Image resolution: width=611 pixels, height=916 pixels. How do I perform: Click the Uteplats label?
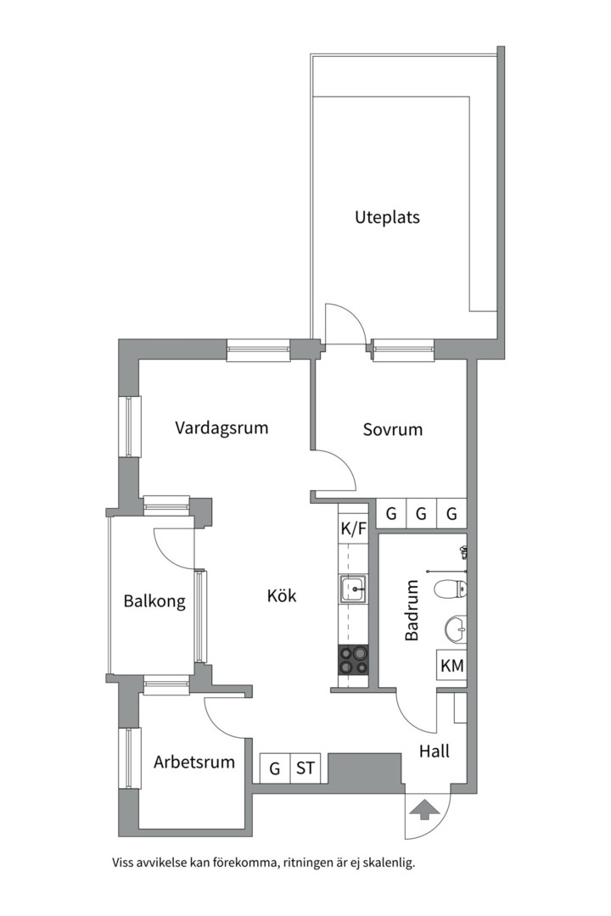point(387,217)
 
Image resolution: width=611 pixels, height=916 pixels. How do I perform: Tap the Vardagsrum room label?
point(221,427)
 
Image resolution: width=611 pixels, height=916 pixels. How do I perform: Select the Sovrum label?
point(392,429)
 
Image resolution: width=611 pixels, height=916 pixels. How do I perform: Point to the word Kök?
point(282,595)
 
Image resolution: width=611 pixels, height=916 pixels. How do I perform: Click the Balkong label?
point(154,601)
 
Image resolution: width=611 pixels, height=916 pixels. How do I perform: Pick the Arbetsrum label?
point(194,762)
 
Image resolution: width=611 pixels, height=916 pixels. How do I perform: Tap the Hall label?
point(434,751)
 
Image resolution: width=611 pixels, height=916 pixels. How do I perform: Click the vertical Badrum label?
point(412,611)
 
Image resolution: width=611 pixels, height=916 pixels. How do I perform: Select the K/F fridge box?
point(353,529)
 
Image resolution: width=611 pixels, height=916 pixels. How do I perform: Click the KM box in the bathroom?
point(452,666)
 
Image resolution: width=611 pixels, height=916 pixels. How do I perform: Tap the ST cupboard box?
point(305,768)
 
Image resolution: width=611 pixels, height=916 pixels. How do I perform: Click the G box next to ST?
point(275,768)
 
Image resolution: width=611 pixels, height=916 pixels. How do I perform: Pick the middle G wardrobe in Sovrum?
point(421,514)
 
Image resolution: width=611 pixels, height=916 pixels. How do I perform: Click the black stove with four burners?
point(353,660)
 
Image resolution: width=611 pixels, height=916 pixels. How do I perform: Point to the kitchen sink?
point(353,589)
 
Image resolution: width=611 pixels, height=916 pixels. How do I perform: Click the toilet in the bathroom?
point(451,589)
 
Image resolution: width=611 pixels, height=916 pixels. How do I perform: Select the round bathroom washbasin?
point(456,629)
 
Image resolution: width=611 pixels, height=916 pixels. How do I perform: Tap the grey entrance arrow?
point(423,810)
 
